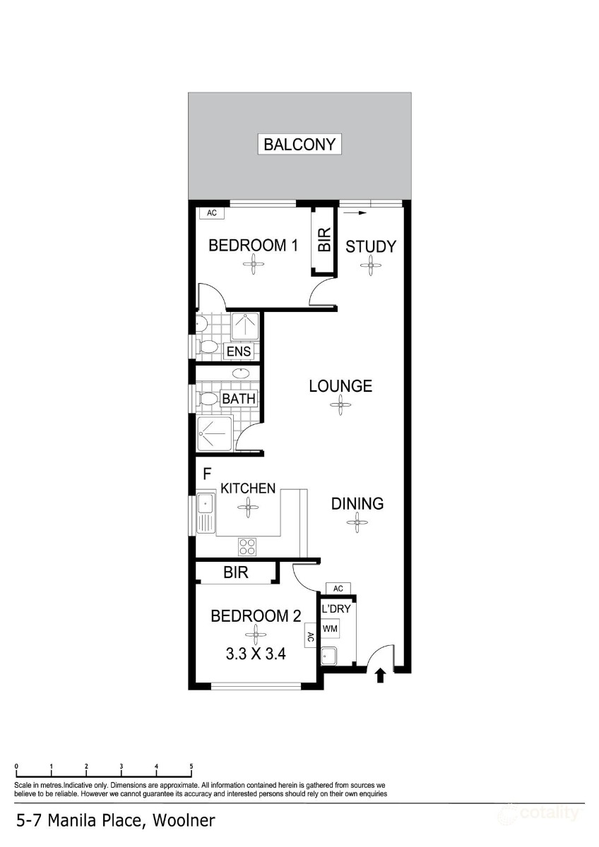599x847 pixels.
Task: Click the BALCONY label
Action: point(299,144)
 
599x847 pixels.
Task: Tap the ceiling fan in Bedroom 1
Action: point(253,263)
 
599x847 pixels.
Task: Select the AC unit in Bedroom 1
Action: point(211,213)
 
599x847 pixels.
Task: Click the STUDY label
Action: point(371,246)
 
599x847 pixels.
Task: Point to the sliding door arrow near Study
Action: point(355,213)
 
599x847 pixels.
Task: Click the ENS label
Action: point(238,352)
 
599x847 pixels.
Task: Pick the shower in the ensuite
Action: point(245,326)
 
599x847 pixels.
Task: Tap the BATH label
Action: point(239,399)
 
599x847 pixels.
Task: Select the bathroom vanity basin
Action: point(241,373)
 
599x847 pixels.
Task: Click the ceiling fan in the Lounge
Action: point(340,405)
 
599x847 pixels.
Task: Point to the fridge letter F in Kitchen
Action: point(207,474)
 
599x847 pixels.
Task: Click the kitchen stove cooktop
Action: point(247,547)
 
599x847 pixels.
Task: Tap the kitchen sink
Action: point(206,514)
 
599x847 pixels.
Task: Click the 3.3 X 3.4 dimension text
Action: point(256,654)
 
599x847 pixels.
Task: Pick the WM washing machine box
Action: point(330,629)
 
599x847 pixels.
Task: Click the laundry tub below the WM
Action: point(329,656)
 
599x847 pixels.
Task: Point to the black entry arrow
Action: point(381,676)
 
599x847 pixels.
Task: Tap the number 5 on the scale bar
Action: point(191,767)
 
